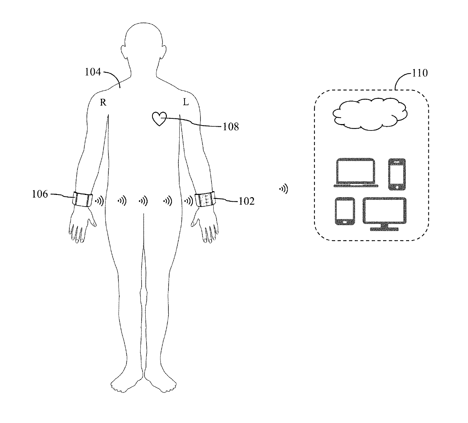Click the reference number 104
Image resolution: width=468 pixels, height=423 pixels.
tap(93, 72)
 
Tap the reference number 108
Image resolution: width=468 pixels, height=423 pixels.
tap(231, 127)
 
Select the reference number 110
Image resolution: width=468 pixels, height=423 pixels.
tap(420, 73)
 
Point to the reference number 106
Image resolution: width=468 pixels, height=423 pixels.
tap(40, 195)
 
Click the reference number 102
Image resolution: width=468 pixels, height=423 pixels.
tap(246, 201)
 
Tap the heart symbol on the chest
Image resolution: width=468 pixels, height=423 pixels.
tap(159, 119)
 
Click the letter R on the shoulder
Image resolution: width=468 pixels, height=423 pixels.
tap(103, 103)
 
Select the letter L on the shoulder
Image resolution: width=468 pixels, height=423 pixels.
tap(186, 102)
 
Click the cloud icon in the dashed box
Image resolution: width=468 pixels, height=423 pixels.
tap(370, 113)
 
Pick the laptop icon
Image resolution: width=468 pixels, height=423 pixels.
tap(356, 173)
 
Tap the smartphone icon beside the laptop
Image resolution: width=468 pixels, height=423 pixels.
tap(397, 174)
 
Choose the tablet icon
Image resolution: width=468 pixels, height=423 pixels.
tap(345, 211)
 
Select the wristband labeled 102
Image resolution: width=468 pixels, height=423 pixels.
tap(205, 199)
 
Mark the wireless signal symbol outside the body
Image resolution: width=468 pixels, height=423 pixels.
tap(283, 189)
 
